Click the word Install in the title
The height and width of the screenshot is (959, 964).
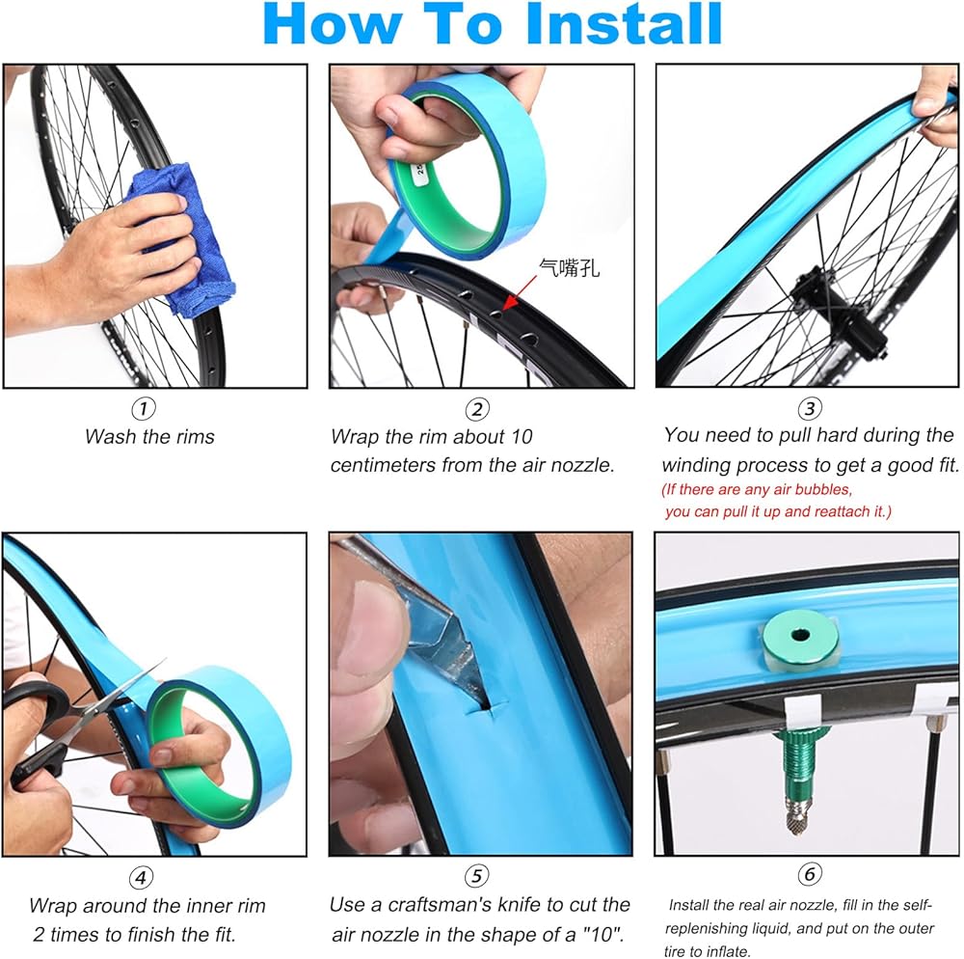(x=624, y=24)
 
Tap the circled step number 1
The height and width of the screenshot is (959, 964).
(x=144, y=408)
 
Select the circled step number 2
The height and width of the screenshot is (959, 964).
(x=477, y=408)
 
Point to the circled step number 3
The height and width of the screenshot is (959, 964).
(x=810, y=408)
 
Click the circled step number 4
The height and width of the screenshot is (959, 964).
(x=141, y=877)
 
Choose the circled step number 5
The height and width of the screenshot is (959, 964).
(x=476, y=876)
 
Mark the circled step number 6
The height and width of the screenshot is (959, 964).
(x=810, y=873)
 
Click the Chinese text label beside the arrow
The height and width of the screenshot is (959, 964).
(x=569, y=268)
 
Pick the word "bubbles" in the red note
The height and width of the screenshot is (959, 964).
(x=823, y=490)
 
